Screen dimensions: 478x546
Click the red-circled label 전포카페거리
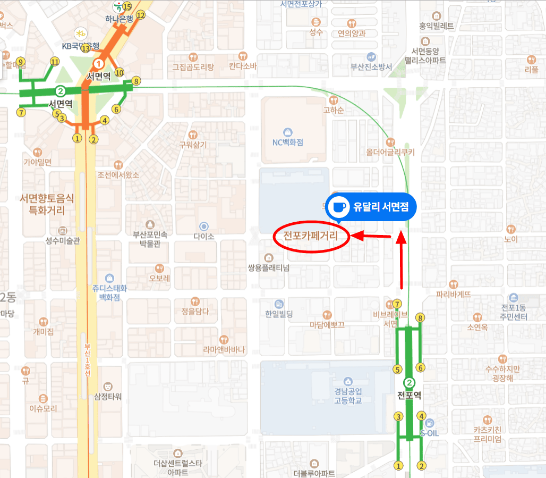pos(311,234)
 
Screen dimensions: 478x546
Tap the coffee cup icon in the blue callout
pos(338,207)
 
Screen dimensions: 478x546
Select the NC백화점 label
pos(287,142)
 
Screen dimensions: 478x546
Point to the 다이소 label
pos(203,236)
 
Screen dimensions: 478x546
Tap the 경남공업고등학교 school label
pos(348,395)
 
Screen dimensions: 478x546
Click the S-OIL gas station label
pos(429,432)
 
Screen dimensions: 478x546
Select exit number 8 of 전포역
pos(421,318)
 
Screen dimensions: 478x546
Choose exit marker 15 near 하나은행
pos(126,6)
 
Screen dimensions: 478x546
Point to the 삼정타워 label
pos(108,396)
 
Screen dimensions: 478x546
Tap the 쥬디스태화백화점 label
pos(109,292)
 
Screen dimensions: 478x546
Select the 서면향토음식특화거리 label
pos(47,204)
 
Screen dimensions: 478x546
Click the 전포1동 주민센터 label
pos(514,312)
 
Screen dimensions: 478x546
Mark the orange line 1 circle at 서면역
pos(98,64)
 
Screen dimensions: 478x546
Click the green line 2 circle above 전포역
pos(409,382)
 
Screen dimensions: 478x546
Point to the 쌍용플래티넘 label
pos(268,267)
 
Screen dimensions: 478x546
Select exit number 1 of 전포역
pos(398,466)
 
